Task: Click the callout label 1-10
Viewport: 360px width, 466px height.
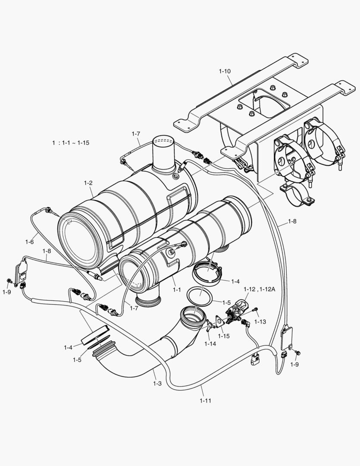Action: (225, 70)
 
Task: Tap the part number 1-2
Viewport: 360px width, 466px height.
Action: (88, 183)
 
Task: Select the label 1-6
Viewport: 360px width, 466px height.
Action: (29, 242)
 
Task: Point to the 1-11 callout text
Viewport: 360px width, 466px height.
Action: (206, 400)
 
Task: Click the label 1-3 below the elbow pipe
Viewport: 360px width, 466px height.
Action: (157, 383)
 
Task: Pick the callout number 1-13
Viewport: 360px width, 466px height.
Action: (260, 321)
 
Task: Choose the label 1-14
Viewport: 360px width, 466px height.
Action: (210, 343)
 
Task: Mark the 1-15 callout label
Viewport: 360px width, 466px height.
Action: (224, 336)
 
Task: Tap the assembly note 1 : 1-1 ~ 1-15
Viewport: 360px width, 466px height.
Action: (71, 142)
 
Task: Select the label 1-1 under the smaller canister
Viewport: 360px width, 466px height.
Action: (177, 290)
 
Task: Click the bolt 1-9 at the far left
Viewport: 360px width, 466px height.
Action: (9, 281)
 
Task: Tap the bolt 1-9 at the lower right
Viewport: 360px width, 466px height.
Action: (297, 353)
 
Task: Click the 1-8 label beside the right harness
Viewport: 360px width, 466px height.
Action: (292, 221)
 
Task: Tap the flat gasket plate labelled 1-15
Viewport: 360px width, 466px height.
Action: (220, 321)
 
